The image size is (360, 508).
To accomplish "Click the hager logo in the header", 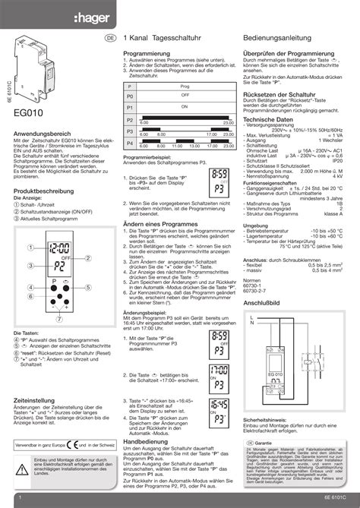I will tap(179, 14).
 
